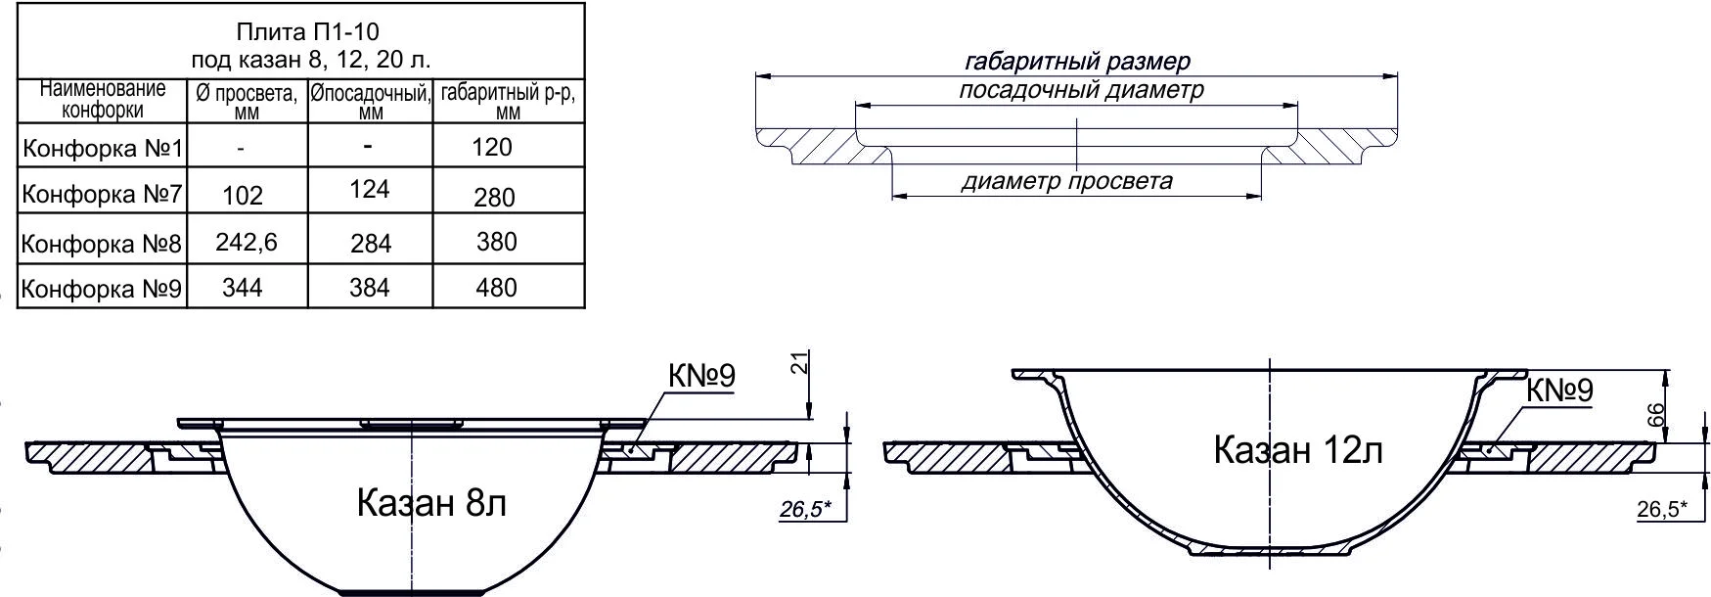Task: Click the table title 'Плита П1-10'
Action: (x=300, y=33)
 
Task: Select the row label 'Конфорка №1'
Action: (x=103, y=149)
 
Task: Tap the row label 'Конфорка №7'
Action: (x=103, y=195)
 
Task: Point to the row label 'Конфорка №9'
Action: (x=103, y=289)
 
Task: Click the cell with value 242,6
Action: (x=247, y=242)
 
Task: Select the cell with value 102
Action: (x=243, y=196)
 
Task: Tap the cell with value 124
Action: (x=370, y=189)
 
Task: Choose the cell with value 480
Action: (x=496, y=288)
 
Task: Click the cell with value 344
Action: (x=243, y=288)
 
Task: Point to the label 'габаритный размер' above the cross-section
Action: (x=1077, y=62)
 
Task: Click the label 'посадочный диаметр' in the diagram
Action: (x=1080, y=90)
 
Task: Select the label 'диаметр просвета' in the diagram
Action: (x=1066, y=181)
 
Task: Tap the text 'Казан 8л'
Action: (x=431, y=503)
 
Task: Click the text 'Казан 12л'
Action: (x=1297, y=450)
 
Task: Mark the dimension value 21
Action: (x=799, y=364)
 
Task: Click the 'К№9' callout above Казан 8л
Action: (x=700, y=376)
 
